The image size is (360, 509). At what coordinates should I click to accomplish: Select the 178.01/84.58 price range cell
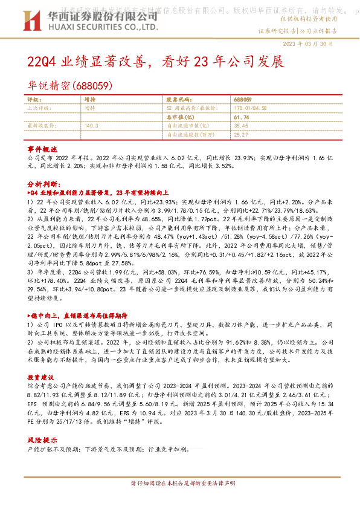(248, 108)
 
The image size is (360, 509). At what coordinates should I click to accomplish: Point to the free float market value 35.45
(240, 125)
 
